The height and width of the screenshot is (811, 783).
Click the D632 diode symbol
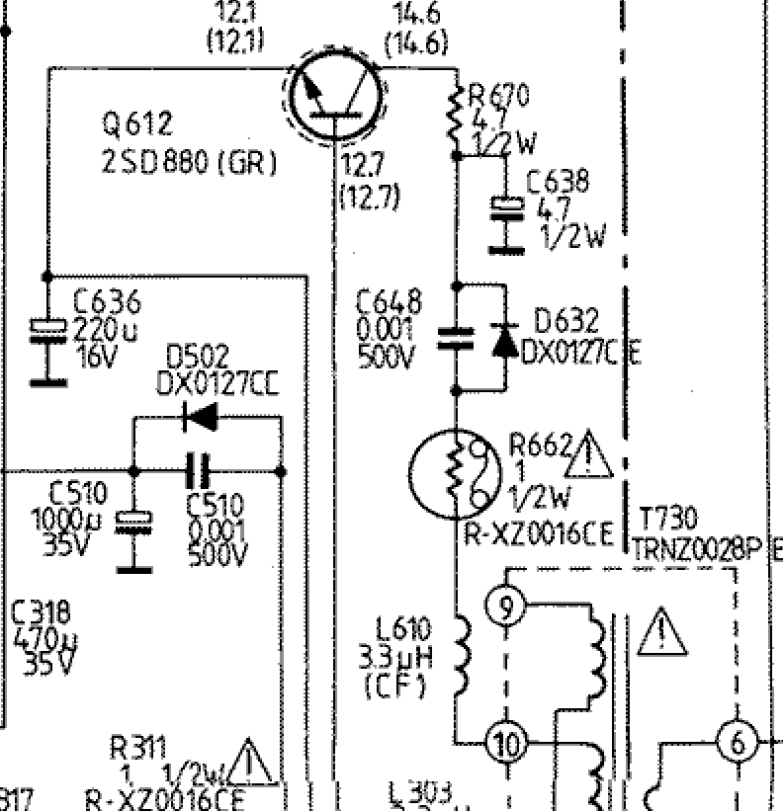505,340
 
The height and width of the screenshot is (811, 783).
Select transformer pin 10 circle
506,742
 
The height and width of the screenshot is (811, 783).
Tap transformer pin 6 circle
738,742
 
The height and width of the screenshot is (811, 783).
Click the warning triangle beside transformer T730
662,633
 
